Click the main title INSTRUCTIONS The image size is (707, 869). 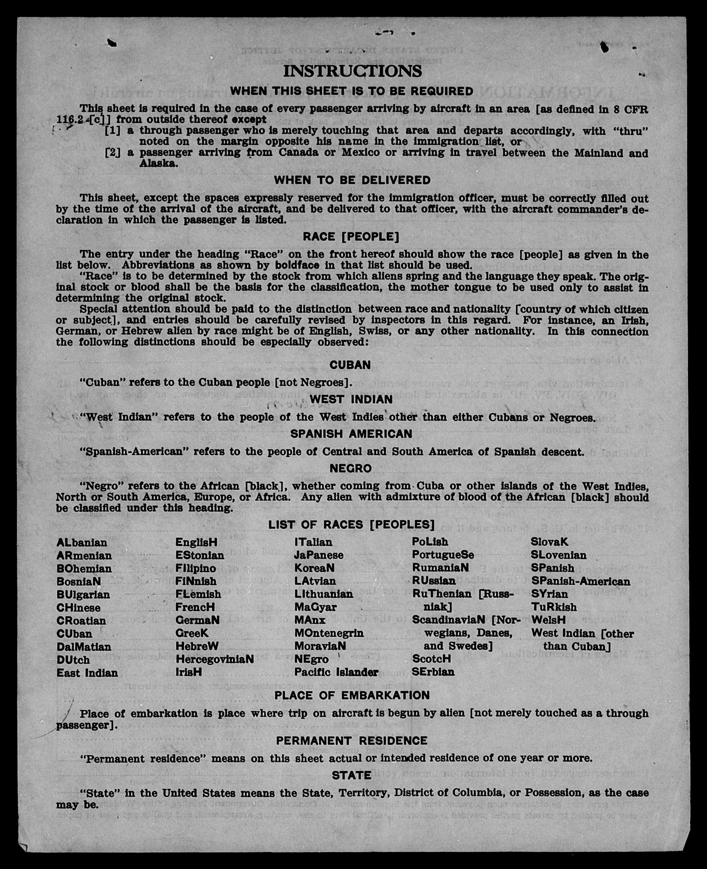pyautogui.click(x=352, y=71)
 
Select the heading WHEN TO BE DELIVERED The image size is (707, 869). pyautogui.click(x=352, y=180)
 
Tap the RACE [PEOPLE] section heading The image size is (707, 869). pyautogui.click(x=351, y=237)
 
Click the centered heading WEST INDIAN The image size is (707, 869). pyautogui.click(x=351, y=399)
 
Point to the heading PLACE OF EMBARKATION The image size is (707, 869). pyautogui.click(x=352, y=695)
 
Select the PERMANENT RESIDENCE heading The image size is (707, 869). pyautogui.click(x=352, y=741)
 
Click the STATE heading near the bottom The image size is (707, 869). pyautogui.click(x=352, y=775)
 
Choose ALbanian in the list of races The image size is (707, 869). pyautogui.click(x=82, y=542)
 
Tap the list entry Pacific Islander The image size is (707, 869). pyautogui.click(x=336, y=672)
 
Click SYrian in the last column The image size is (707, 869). pyautogui.click(x=549, y=594)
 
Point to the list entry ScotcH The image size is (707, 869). pyautogui.click(x=431, y=659)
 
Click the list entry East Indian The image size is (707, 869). pyautogui.click(x=87, y=673)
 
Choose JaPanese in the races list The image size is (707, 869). pyautogui.click(x=318, y=555)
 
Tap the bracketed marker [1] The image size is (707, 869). pyautogui.click(x=112, y=131)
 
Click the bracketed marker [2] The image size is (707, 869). pyautogui.click(x=112, y=153)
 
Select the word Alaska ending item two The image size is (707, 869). pyautogui.click(x=159, y=163)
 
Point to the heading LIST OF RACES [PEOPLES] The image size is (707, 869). pyautogui.click(x=351, y=525)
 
